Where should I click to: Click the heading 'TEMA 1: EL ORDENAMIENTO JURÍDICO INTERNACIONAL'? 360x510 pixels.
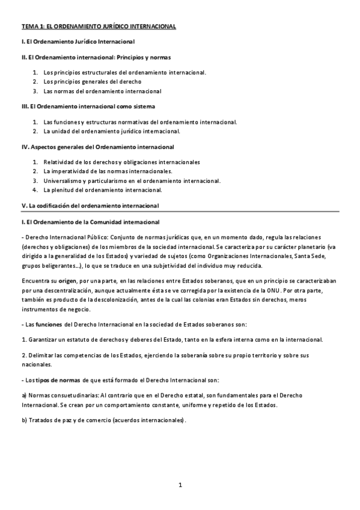[x=99, y=27]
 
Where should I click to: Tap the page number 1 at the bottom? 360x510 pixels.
[x=180, y=485]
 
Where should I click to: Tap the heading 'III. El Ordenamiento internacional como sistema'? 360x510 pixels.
[x=88, y=106]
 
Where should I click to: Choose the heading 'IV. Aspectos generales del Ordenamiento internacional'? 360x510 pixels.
[x=97, y=147]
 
